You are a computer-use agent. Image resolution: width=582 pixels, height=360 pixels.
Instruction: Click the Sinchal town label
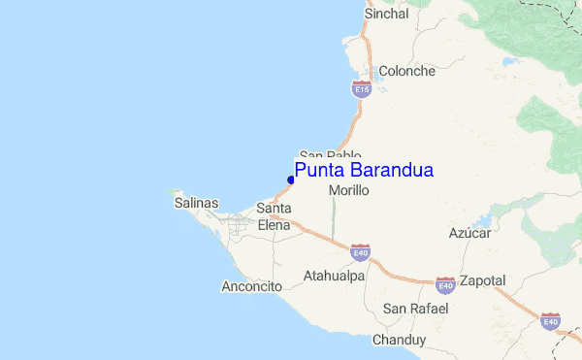pyautogui.click(x=385, y=15)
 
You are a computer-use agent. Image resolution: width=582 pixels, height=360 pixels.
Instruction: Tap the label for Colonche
pyautogui.click(x=406, y=71)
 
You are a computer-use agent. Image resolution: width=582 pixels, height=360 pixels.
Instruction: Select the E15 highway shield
pyautogui.click(x=361, y=89)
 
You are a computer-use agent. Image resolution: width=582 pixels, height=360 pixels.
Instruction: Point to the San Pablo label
pyautogui.click(x=330, y=155)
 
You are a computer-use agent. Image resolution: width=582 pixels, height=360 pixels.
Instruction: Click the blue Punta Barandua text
pyautogui.click(x=364, y=171)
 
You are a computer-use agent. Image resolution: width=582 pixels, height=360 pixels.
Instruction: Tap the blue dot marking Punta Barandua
pyautogui.click(x=291, y=180)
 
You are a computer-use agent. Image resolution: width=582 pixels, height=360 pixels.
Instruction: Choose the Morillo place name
pyautogui.click(x=349, y=191)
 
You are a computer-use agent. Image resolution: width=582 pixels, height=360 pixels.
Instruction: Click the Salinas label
pyautogui.click(x=196, y=204)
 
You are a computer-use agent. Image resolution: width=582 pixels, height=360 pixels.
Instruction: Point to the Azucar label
pyautogui.click(x=469, y=234)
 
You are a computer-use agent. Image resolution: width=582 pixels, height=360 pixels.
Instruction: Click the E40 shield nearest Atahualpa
pyautogui.click(x=360, y=253)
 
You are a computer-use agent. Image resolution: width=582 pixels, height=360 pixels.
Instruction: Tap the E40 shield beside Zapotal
pyautogui.click(x=445, y=284)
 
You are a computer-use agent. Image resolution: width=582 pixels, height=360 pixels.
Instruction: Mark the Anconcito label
pyautogui.click(x=251, y=286)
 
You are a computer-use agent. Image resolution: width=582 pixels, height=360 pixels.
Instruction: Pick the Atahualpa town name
pyautogui.click(x=334, y=276)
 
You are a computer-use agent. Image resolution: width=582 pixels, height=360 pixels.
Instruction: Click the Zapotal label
pyautogui.click(x=482, y=280)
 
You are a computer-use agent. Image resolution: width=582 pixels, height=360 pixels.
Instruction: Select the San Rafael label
pyautogui.click(x=416, y=309)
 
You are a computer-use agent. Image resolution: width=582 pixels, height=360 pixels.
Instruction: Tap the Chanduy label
pyautogui.click(x=399, y=340)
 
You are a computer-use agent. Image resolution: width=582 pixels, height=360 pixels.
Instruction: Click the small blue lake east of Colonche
pyautogui.click(x=508, y=61)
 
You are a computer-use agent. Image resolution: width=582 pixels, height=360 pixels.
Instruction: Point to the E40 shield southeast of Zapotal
pyautogui.click(x=550, y=320)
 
